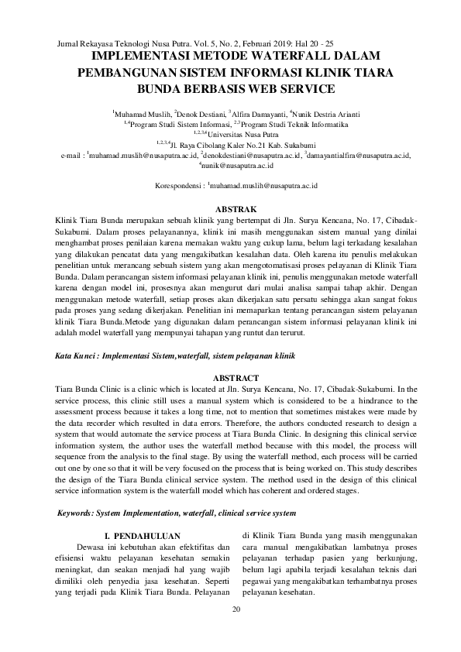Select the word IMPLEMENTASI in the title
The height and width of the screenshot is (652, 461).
point(136,57)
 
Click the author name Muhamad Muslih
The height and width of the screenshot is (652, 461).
point(141,113)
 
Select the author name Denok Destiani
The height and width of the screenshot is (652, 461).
point(201,113)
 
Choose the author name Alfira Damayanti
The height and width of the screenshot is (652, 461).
point(260,113)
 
